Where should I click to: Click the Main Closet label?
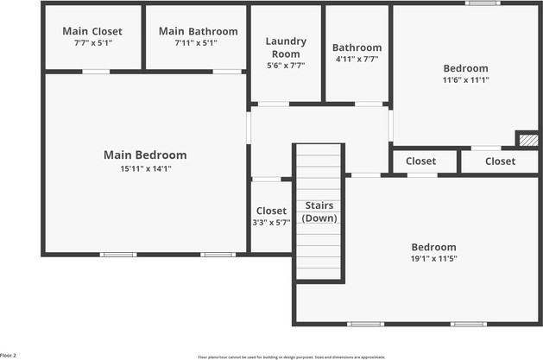pos(92,32)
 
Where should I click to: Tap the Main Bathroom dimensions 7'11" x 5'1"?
pos(198,42)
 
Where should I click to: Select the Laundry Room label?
pos(286,47)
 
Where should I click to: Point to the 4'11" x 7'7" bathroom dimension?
pos(357,60)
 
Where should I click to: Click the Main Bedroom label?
pos(145,155)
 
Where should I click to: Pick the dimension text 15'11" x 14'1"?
pos(145,169)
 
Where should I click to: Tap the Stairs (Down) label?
pos(319,212)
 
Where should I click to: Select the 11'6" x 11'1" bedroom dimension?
pos(465,80)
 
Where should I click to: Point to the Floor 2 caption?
pos(9,355)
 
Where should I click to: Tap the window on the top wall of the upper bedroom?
pos(483,3)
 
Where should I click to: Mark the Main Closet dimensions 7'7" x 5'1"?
pos(92,42)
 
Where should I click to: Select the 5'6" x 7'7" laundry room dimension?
pos(286,65)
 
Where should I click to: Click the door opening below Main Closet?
pos(96,72)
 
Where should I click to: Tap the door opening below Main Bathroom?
pos(227,72)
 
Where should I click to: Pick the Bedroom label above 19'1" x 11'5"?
pos(433,246)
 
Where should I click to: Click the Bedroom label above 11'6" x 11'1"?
pos(465,68)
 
